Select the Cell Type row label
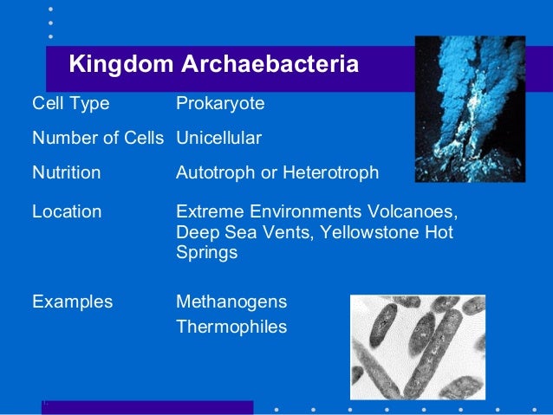[71, 104]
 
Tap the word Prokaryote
[220, 104]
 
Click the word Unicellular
[218, 139]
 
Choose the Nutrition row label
[66, 173]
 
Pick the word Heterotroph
[329, 173]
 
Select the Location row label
[67, 211]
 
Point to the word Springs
[206, 254]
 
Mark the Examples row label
[72, 302]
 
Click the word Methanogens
[231, 302]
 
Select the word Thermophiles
[231, 327]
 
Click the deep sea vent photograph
[469, 108]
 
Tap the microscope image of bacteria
[417, 347]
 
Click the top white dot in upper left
[50, 8]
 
